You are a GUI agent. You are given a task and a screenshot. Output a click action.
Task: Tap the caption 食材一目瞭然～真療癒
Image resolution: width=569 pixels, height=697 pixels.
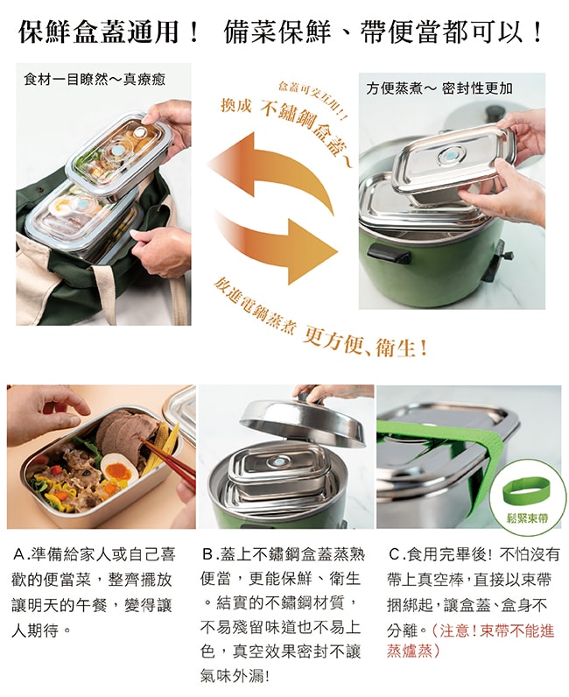click(95, 80)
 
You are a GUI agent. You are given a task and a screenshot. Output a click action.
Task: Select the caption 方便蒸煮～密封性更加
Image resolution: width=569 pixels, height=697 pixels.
click(439, 89)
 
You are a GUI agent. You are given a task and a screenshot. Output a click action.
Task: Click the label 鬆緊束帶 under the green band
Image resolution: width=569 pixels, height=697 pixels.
click(528, 518)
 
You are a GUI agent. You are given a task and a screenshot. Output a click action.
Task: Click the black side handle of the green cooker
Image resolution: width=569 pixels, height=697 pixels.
click(389, 254)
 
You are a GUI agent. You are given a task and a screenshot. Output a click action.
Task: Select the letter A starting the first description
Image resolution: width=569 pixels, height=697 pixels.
click(18, 554)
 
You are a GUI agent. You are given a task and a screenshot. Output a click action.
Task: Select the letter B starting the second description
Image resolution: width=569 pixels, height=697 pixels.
click(207, 554)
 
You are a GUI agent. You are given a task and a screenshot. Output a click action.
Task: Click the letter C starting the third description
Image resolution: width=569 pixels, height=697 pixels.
click(394, 554)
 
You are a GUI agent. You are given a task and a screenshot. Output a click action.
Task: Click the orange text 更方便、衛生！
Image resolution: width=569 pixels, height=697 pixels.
click(364, 344)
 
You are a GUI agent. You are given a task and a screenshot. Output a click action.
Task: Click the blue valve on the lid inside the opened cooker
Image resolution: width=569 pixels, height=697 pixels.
click(278, 463)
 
